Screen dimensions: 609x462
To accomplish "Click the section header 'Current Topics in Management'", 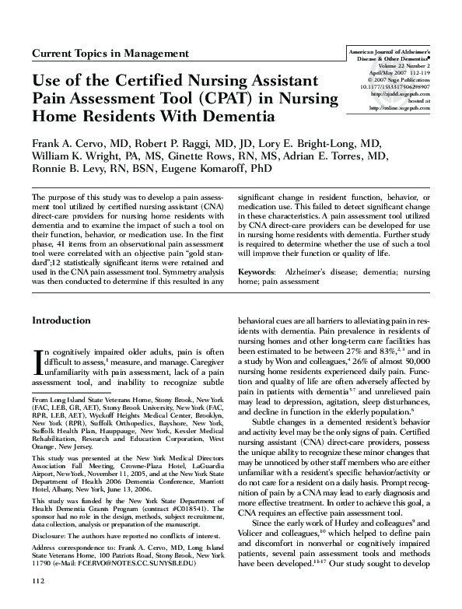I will point(110,54).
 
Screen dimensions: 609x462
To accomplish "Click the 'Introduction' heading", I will point(61,320).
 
